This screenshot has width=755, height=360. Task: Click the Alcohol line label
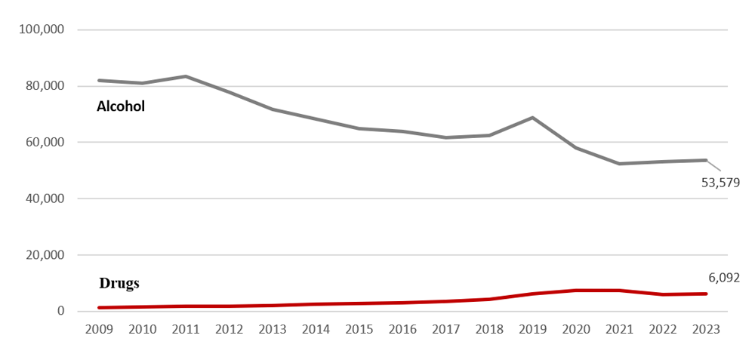tap(121, 107)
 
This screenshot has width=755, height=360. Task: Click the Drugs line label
tap(119, 284)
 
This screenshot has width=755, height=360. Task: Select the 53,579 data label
tap(720, 182)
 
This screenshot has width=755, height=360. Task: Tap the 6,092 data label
tap(724, 278)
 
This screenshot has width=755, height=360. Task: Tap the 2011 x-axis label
tap(186, 329)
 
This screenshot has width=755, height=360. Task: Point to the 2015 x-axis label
tap(359, 329)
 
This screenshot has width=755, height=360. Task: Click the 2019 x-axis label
tap(533, 329)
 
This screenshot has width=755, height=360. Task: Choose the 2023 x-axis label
tap(707, 329)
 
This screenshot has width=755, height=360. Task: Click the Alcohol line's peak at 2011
tap(186, 76)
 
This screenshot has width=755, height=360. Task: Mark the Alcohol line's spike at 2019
tap(533, 118)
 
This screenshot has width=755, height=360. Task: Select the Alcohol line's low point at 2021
tap(620, 164)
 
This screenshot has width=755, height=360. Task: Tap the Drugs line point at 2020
tap(576, 291)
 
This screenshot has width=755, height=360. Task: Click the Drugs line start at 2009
tap(99, 308)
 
